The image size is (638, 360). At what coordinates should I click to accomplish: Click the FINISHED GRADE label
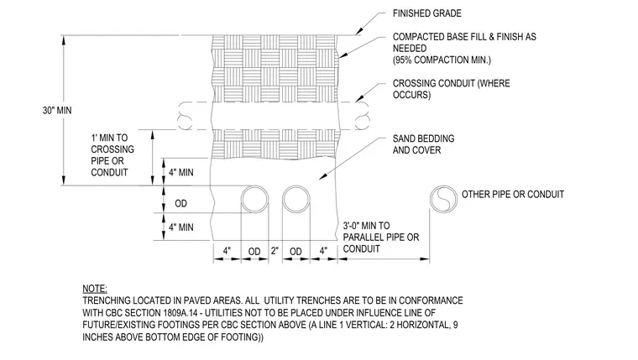[426, 13]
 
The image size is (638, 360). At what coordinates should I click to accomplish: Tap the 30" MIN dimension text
[57, 110]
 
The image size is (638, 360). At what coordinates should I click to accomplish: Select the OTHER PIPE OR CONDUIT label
[513, 195]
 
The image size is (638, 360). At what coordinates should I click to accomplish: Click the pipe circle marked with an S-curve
[443, 185]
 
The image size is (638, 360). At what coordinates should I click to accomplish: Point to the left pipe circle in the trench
[254, 185]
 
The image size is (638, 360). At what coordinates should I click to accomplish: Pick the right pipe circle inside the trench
[296, 185]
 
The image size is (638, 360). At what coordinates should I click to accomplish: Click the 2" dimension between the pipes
[275, 251]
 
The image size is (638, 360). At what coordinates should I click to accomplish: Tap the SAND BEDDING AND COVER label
[424, 144]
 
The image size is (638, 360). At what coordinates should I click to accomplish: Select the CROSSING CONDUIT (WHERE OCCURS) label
[452, 89]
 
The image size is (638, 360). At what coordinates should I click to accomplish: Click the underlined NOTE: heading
[95, 289]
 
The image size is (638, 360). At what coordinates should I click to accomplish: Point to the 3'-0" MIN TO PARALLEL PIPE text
[381, 237]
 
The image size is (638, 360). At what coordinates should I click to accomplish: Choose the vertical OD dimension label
[181, 203]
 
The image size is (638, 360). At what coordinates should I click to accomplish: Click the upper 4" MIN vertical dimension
[181, 173]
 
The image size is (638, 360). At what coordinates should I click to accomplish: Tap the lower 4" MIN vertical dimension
[181, 227]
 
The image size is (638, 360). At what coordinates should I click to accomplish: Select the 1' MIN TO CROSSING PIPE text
[112, 155]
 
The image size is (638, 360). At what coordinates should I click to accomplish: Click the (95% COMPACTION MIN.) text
[442, 60]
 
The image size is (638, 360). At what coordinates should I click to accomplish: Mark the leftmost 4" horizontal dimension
[227, 251]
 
